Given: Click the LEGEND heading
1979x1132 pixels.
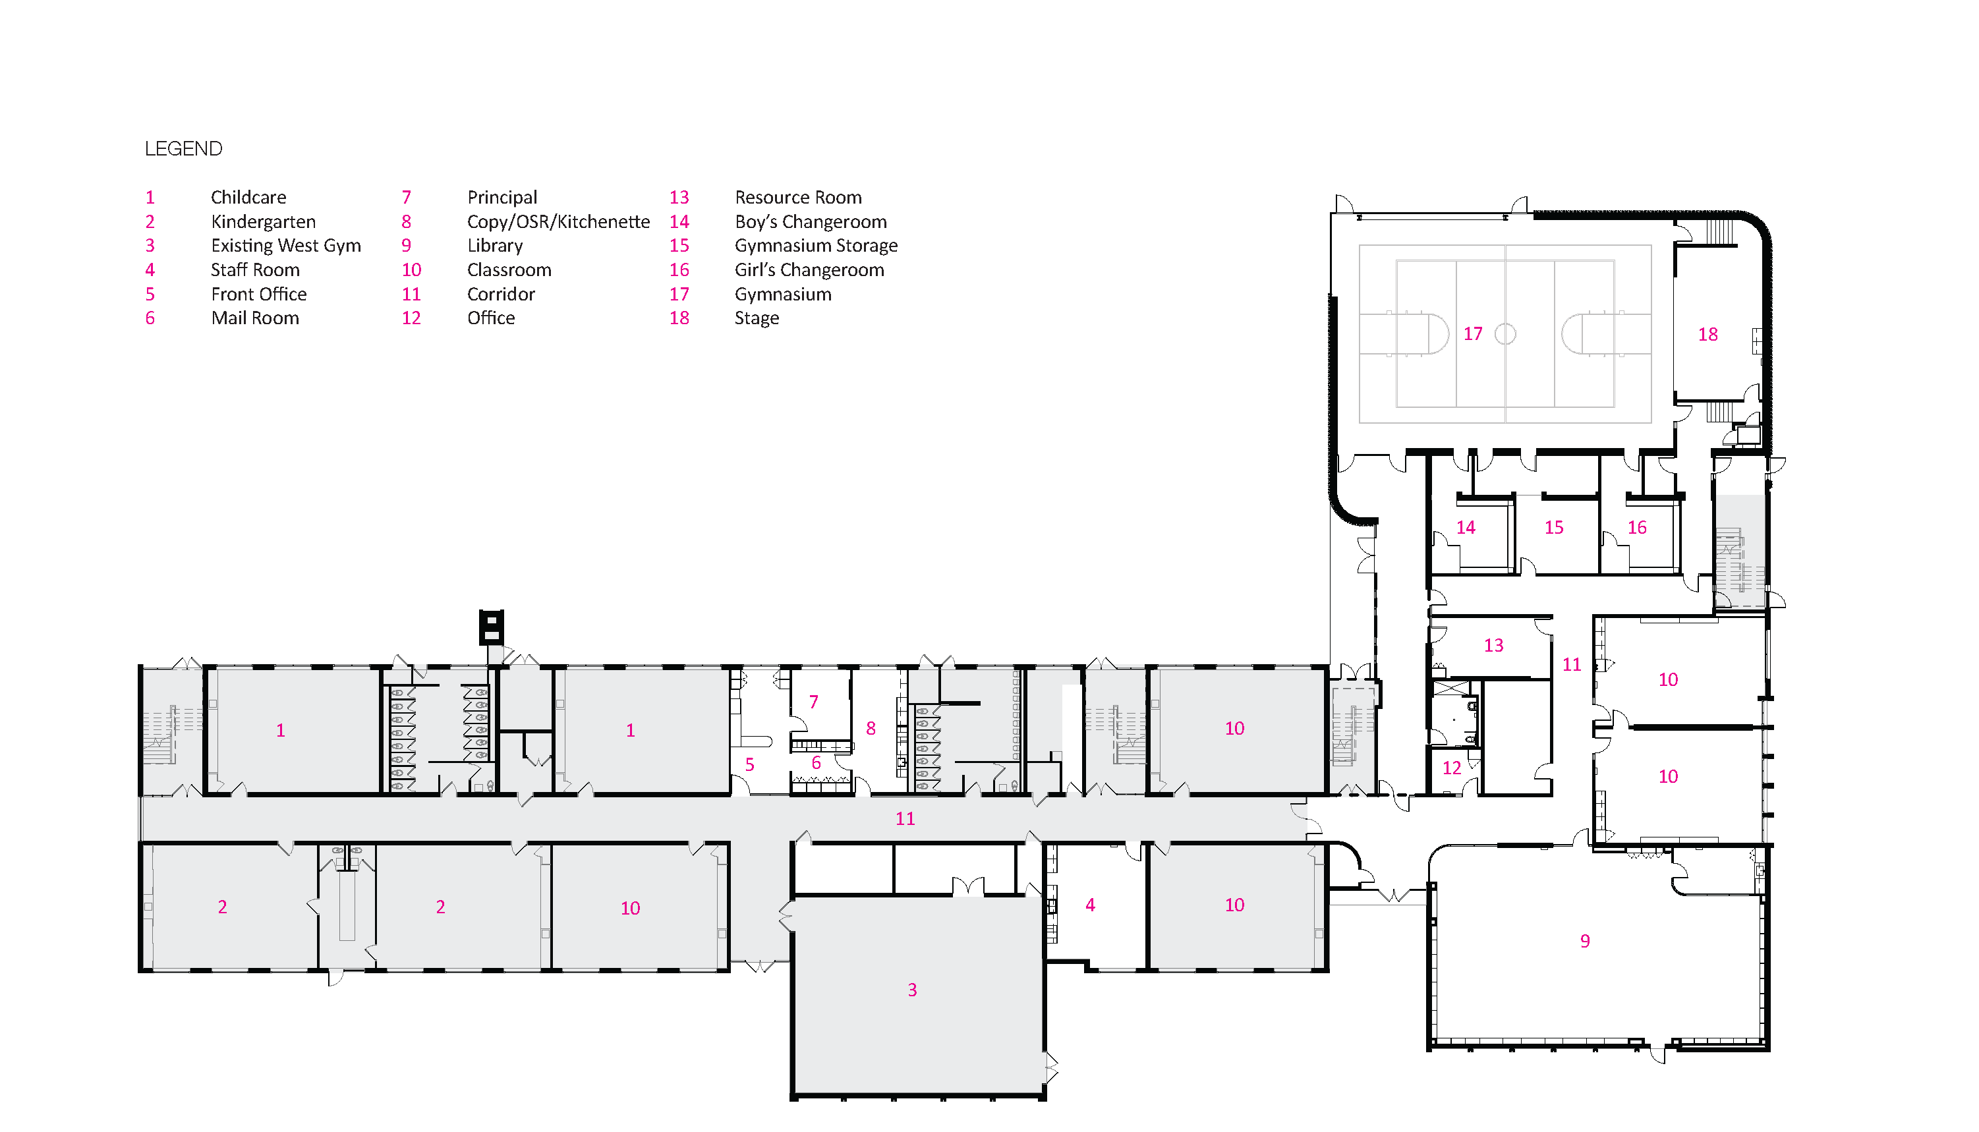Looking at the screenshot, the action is [183, 148].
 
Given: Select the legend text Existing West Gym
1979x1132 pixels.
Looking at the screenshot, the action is [286, 246].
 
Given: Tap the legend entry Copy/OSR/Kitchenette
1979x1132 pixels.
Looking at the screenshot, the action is [558, 221].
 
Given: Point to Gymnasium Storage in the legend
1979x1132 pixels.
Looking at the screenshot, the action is [817, 246].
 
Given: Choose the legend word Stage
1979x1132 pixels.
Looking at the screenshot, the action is [757, 318].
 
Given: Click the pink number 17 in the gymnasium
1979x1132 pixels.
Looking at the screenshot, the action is [1473, 333].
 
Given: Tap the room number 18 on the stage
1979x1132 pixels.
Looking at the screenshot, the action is [1707, 334].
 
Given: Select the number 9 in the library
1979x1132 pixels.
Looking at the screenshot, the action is [1585, 942].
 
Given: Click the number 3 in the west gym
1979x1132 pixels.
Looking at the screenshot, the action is [912, 990].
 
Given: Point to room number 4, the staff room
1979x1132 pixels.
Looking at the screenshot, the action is [1090, 905].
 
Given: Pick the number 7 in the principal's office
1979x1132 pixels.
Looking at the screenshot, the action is [813, 702].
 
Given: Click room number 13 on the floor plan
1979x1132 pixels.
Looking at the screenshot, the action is [1493, 645].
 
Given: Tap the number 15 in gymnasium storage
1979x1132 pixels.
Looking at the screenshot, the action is [1554, 528].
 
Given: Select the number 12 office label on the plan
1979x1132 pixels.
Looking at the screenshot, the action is [1452, 768].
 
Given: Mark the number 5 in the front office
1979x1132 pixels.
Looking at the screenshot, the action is [749, 764].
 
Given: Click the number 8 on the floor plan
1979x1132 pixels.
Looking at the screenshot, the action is [871, 729].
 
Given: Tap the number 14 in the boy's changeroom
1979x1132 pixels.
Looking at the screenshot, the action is [1466, 528].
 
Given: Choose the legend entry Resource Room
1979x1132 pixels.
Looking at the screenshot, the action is [799, 198].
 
